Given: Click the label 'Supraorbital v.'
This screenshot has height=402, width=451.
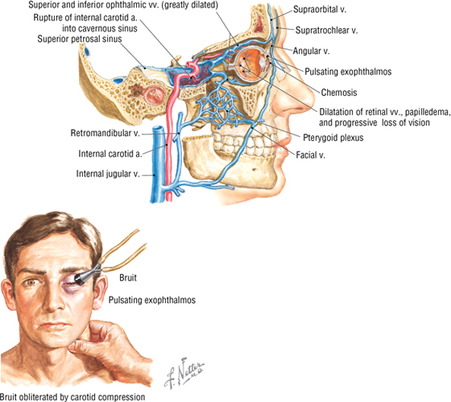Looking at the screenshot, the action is (320, 10).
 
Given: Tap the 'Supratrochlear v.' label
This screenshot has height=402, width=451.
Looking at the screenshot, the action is (326, 31).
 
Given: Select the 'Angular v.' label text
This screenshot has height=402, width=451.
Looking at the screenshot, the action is (311, 51).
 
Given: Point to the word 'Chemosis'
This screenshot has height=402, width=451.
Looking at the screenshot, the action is (339, 93).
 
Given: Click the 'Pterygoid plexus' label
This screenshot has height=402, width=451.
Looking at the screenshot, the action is (333, 138).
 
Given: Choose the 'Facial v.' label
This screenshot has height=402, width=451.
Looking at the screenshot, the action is (310, 155).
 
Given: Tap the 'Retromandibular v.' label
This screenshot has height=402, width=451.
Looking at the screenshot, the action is (106, 133).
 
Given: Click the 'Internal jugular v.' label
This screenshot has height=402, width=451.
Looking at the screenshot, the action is (108, 174).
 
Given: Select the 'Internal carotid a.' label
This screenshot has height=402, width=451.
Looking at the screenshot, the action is (110, 154).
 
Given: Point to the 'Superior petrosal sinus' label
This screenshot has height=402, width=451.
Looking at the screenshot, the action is (80, 39).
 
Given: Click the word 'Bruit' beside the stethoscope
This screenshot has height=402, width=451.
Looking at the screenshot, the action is (128, 278).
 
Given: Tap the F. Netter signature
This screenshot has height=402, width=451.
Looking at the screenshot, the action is (184, 373).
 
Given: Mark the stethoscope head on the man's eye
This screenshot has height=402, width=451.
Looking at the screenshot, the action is (81, 278).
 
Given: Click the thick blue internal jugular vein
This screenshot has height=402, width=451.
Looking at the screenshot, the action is (157, 164).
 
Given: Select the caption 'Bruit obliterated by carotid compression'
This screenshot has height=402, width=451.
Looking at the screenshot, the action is (72, 397).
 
